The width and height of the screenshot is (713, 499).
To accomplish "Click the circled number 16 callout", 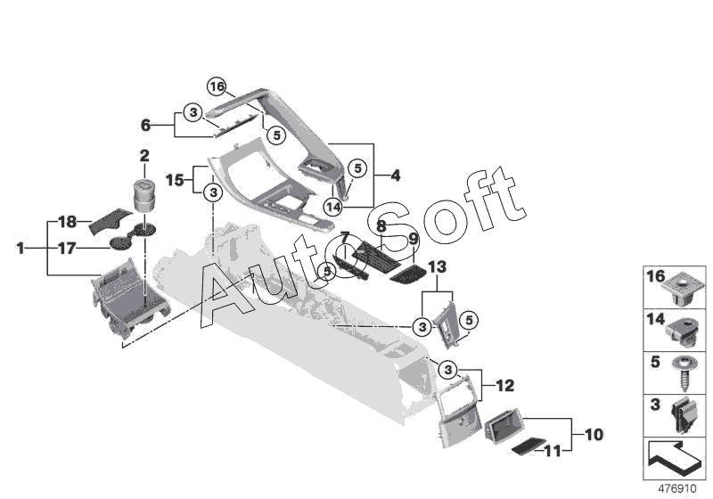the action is [217, 86].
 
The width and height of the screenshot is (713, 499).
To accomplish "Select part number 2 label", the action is [143, 156].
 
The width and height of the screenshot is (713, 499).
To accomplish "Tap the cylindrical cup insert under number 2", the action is [143, 193].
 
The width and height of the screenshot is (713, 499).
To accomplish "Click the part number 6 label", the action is [145, 126].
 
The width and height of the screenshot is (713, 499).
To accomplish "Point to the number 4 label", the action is [395, 176].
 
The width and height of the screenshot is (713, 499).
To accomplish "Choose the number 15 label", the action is [174, 180].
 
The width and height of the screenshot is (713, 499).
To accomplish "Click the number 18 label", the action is [67, 220].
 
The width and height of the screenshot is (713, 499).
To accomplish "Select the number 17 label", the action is [67, 249].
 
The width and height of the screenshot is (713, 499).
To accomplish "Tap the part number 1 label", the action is [20, 250].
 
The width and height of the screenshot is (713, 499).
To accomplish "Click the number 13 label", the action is [436, 267].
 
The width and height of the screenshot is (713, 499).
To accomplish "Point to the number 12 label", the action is [504, 386].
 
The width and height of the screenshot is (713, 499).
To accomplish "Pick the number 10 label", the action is [594, 435].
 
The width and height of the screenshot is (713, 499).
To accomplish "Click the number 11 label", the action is [552, 451].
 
